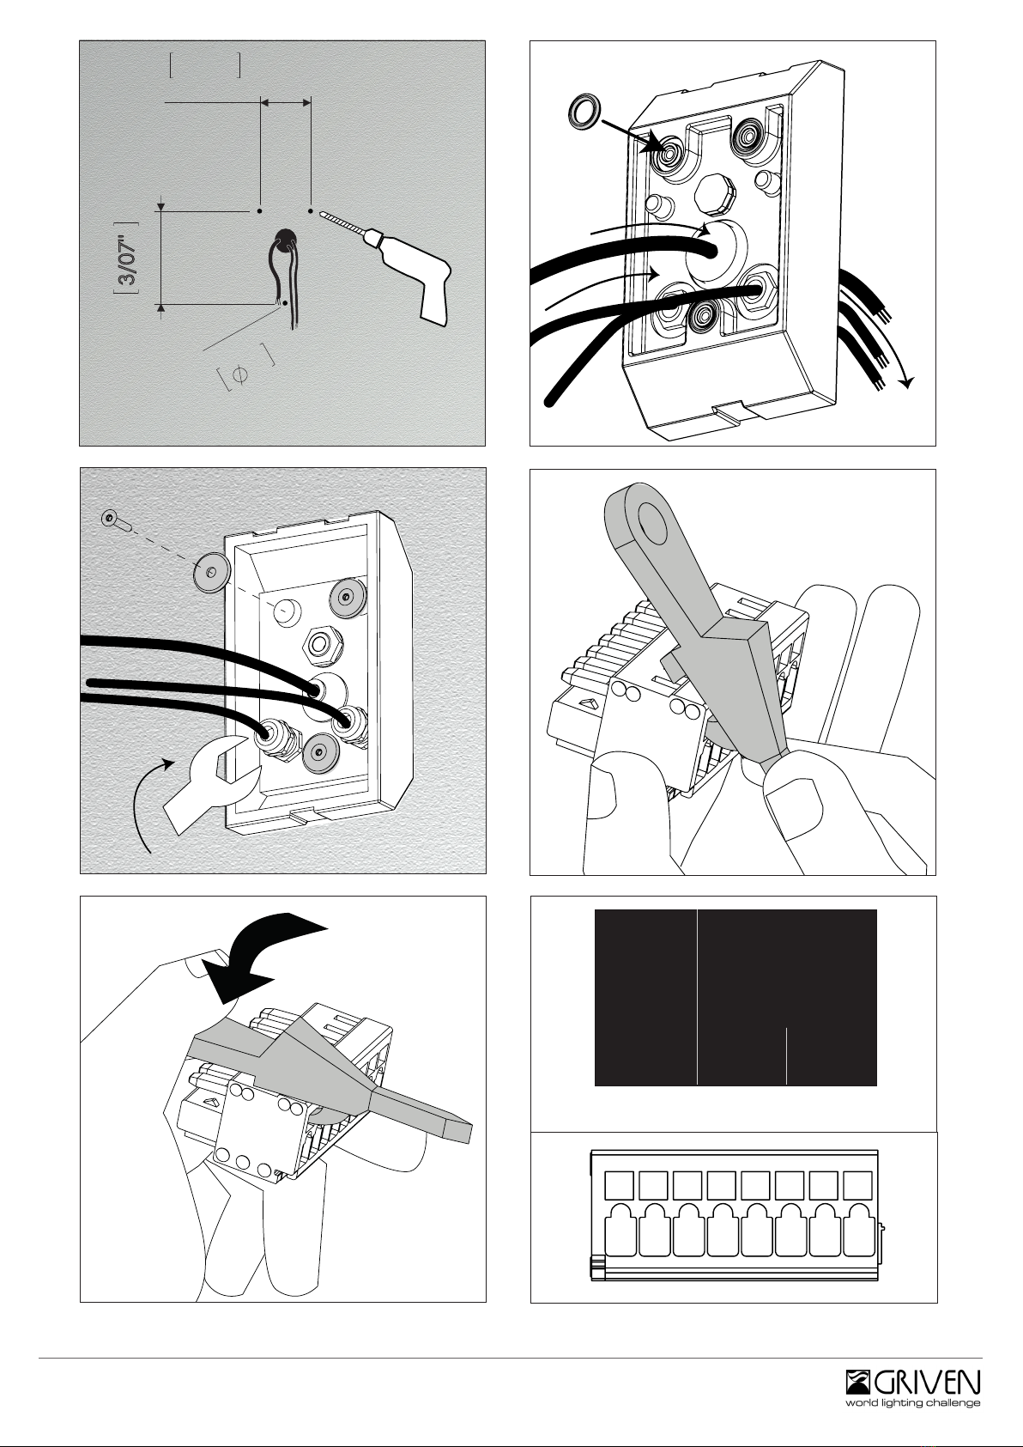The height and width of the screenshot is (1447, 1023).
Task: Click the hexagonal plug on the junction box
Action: [716, 192]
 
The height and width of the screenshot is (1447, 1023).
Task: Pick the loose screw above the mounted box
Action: [116, 520]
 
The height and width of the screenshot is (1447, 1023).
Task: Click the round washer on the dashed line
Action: [212, 572]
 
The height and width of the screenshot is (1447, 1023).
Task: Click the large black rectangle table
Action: [735, 997]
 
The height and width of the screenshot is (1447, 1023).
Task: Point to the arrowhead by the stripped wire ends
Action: [907, 382]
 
